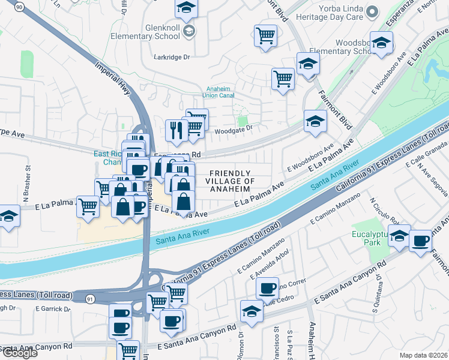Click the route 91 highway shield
point(89,297)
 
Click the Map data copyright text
point(423,355)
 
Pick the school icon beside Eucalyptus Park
point(399,236)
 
